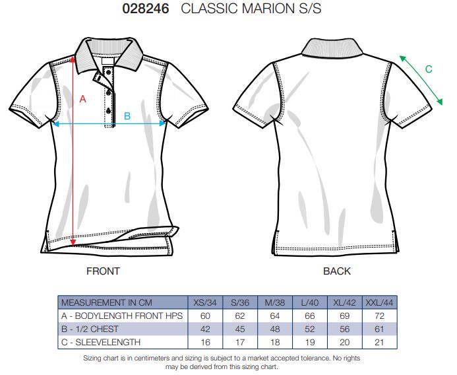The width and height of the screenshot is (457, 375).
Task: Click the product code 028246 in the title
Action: (146, 8)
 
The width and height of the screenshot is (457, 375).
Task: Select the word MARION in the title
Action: (268, 8)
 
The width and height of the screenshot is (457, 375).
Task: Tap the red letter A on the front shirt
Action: (83, 99)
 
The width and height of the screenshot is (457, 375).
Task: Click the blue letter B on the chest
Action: (127, 116)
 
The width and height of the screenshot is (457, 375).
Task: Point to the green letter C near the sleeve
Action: (429, 69)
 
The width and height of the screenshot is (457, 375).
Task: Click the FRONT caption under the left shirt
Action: (103, 271)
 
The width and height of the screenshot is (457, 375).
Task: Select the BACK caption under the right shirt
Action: (336, 271)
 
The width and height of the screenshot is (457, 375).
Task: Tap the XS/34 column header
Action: (205, 302)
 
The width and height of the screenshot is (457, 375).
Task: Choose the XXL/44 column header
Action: (379, 302)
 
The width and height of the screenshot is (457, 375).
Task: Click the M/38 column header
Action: (275, 302)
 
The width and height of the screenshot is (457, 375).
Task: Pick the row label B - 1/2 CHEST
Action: (90, 329)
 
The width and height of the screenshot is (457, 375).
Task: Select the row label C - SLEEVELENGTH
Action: (101, 342)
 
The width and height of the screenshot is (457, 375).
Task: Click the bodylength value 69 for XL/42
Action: (344, 316)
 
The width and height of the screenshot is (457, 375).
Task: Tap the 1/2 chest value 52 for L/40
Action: (309, 329)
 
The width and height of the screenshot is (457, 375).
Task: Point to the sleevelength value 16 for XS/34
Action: (205, 342)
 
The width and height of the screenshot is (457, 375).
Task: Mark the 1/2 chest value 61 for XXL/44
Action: (379, 329)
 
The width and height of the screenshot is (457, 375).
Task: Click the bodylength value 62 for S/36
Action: (240, 316)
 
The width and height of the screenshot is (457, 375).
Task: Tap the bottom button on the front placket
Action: (109, 110)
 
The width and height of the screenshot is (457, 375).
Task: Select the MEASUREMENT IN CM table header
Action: (107, 302)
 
